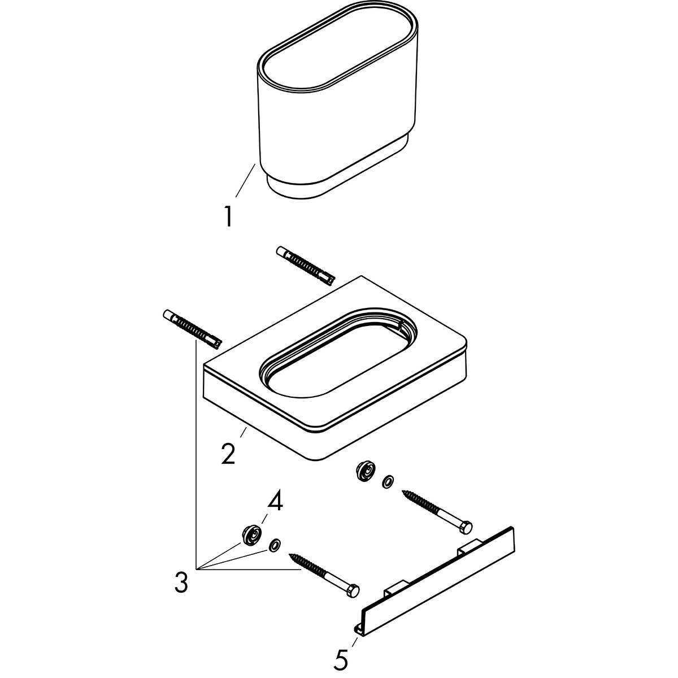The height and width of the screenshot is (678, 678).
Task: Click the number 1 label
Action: (x=228, y=217)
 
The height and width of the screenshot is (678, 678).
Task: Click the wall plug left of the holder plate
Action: (x=192, y=328)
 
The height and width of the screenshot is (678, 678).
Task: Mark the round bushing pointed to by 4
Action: (x=250, y=534)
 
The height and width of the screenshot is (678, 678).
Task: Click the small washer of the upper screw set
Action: (x=388, y=482)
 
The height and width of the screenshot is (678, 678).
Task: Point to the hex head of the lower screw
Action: (x=353, y=591)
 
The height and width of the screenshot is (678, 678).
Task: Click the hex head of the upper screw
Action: (x=466, y=527)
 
